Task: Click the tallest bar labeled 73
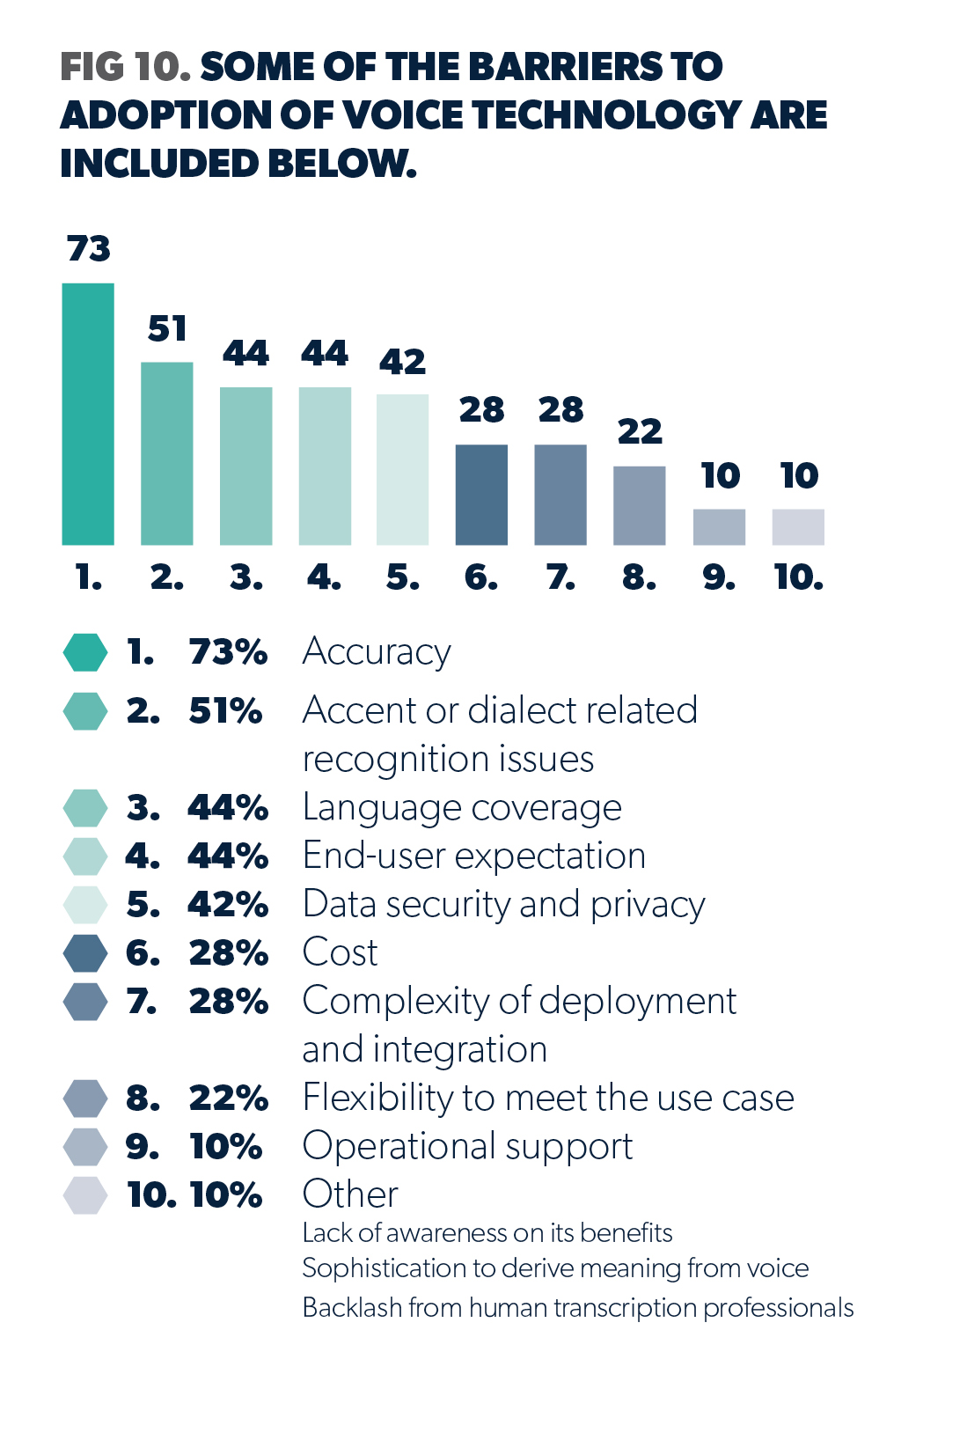click(x=88, y=414)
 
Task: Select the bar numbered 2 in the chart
click(x=167, y=453)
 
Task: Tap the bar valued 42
click(x=402, y=469)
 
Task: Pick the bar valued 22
click(x=639, y=505)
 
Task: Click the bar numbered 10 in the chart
click(x=798, y=526)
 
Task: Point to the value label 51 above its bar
click(x=167, y=329)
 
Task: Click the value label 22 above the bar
click(x=640, y=431)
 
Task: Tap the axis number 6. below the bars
click(x=481, y=577)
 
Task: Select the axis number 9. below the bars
click(x=719, y=577)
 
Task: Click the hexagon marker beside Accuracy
click(x=85, y=652)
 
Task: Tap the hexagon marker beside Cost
click(x=85, y=952)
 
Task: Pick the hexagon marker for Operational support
click(x=85, y=1146)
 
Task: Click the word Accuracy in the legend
click(x=377, y=652)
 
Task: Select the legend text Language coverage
click(x=462, y=808)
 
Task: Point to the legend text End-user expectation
click(x=474, y=856)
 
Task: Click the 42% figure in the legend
click(x=228, y=904)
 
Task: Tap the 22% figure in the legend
click(x=228, y=1098)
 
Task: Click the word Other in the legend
click(x=350, y=1194)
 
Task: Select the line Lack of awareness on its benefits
click(x=487, y=1233)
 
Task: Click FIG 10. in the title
click(x=125, y=67)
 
